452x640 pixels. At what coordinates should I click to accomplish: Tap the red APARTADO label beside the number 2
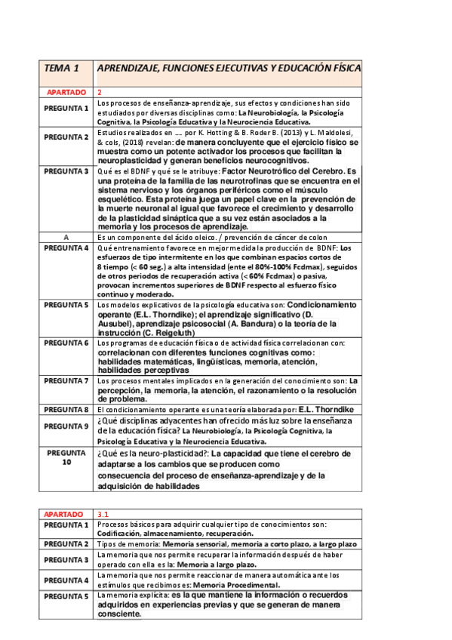click(66, 91)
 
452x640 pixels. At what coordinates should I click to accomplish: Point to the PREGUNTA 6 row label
click(66, 343)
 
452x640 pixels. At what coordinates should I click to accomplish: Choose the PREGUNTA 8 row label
click(66, 409)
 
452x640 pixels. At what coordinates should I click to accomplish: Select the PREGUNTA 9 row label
click(66, 426)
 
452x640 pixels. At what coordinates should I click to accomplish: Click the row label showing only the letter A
click(66, 237)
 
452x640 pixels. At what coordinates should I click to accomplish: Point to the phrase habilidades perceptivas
click(143, 371)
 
